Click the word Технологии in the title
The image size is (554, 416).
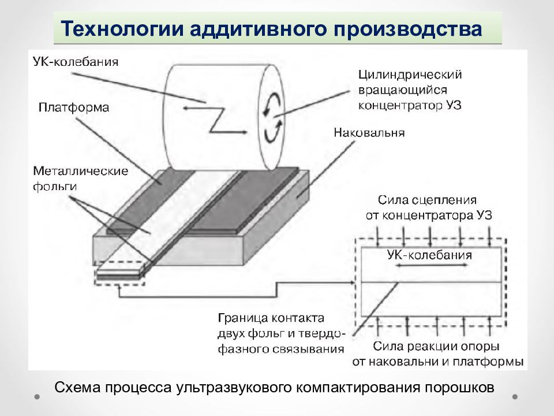coord(122,28)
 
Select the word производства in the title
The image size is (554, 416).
coord(407,29)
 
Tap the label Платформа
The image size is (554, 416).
coord(74,107)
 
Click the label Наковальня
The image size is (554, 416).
coord(369,133)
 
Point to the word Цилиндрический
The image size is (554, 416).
coord(410,75)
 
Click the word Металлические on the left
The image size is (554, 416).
coord(81,171)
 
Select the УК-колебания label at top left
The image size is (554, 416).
coord(76,62)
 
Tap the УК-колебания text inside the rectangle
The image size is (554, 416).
coord(429,255)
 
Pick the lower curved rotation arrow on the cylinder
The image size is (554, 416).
coord(273,131)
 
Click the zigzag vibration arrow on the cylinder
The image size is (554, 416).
coord(215,119)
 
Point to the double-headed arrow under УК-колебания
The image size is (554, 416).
coord(431,265)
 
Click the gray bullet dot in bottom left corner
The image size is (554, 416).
coord(37,397)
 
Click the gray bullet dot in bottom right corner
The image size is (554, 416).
coord(515,397)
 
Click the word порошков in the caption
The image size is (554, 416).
coord(459,388)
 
